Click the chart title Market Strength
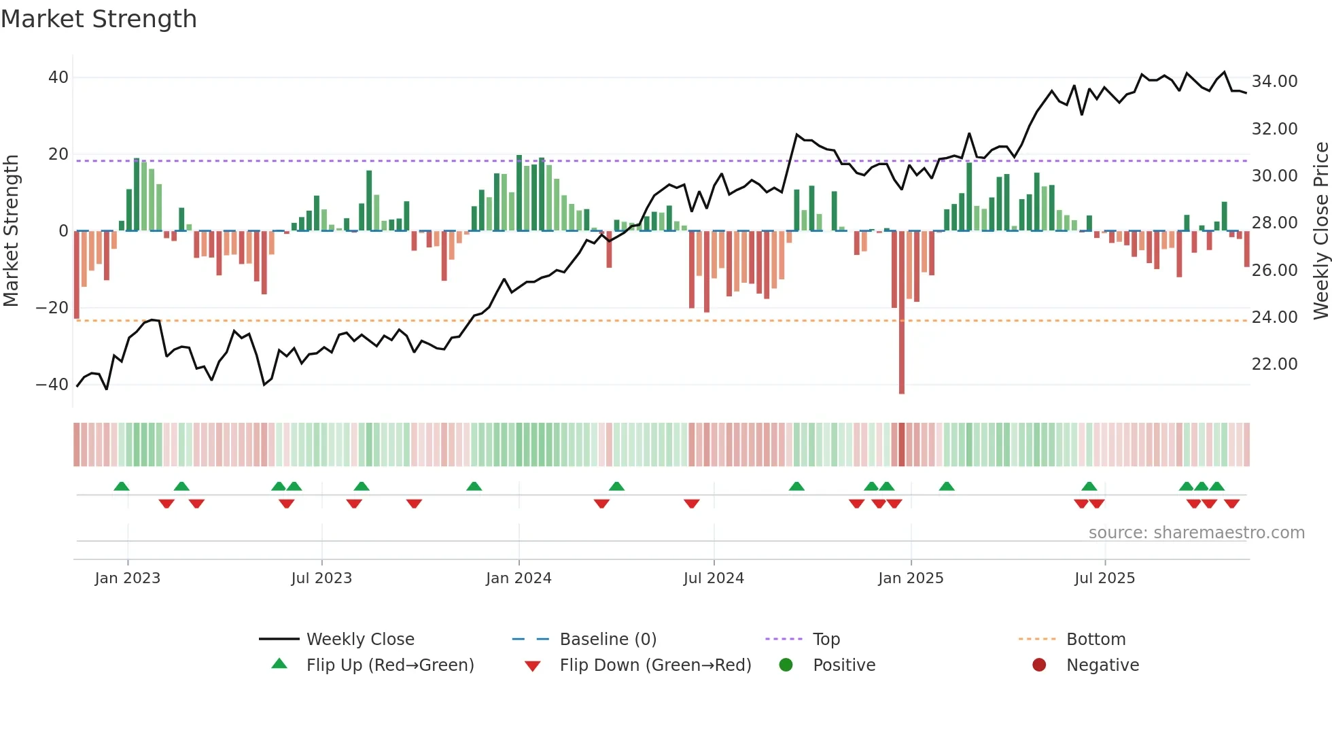[99, 19]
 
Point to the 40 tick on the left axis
[58, 77]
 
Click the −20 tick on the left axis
[52, 308]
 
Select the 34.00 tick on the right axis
[1274, 82]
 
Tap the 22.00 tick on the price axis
[1274, 364]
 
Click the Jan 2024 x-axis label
[519, 578]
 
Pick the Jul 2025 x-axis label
[1104, 578]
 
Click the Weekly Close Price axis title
[1320, 231]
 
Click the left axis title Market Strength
[11, 231]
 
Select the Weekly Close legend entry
[360, 640]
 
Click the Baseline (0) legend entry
[608, 640]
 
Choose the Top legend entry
[826, 640]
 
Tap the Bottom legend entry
[1096, 640]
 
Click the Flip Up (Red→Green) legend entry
[389, 665]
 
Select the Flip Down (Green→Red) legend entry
[655, 665]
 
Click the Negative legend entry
[1102, 665]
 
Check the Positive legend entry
[843, 665]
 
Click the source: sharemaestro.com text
[1196, 533]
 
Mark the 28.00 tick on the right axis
[1274, 223]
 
